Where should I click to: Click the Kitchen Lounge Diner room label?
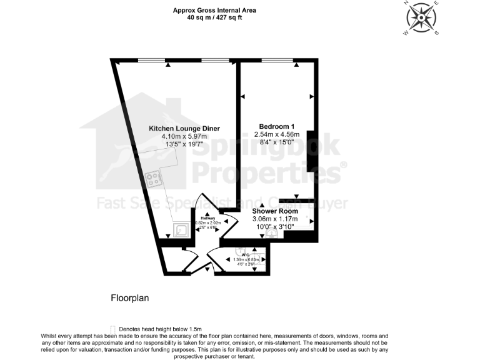coord(184,128)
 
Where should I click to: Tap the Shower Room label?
coord(275,211)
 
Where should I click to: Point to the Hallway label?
coord(207,218)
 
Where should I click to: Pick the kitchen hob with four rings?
coord(152,179)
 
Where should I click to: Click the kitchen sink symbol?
coord(181,230)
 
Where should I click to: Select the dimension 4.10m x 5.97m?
coord(184,136)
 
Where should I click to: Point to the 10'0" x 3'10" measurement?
coord(275,227)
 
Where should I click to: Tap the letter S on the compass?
coord(437,32)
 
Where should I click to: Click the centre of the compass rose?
coord(421,17)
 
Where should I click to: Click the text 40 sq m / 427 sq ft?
coord(214,17)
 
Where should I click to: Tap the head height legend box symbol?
coord(112,329)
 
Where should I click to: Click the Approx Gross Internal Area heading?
coord(214,11)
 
